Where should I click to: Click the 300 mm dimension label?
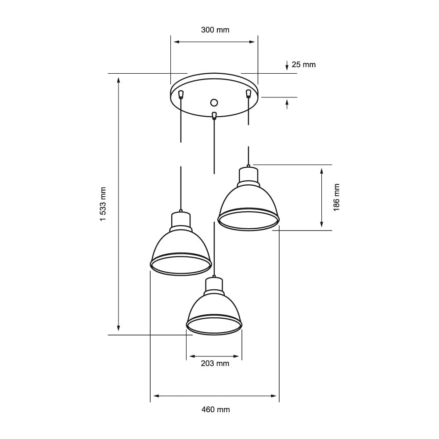pyautogui.click(x=215, y=30)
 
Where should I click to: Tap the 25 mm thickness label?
pyautogui.click(x=303, y=65)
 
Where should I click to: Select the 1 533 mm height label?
pyautogui.click(x=103, y=204)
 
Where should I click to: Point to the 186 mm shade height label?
pyautogui.click(x=337, y=198)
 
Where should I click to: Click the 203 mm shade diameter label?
pyautogui.click(x=215, y=363)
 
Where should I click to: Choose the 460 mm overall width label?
pyautogui.click(x=216, y=410)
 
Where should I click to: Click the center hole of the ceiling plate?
pyautogui.click(x=214, y=102)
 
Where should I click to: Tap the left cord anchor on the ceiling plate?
pyautogui.click(x=180, y=94)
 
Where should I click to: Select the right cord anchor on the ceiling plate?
pyautogui.click(x=248, y=93)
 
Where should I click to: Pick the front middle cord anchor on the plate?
pyautogui.click(x=214, y=116)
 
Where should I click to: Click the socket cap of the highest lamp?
pyautogui.click(x=248, y=176)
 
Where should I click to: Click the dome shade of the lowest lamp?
pyautogui.click(x=214, y=309)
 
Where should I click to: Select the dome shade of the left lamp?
pyautogui.click(x=181, y=246)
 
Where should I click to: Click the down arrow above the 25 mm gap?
pyautogui.click(x=287, y=66)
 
